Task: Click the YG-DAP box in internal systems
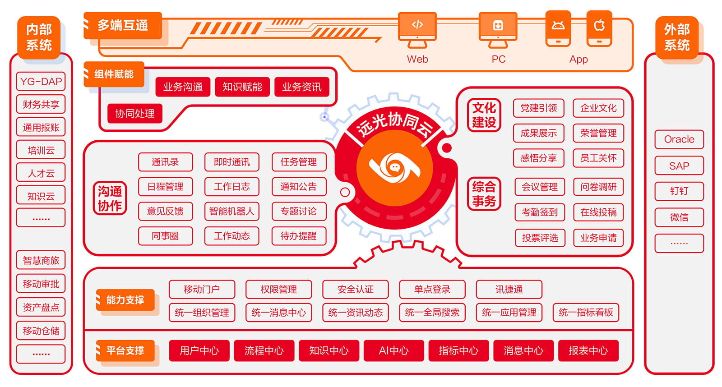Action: [41, 82]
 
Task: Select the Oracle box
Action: [679, 139]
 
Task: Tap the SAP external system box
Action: [679, 166]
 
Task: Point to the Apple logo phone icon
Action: [599, 28]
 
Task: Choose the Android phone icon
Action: [558, 28]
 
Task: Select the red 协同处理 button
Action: [134, 113]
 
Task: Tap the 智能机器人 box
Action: [231, 211]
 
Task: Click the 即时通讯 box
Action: [231, 162]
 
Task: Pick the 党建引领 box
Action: [538, 108]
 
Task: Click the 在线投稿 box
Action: [598, 212]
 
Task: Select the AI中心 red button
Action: [393, 350]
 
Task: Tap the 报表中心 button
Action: [588, 350]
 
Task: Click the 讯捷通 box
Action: [509, 290]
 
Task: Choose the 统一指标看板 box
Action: [586, 313]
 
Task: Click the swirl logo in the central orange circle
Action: [394, 168]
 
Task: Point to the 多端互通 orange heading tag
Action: [123, 25]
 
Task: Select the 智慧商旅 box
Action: [41, 260]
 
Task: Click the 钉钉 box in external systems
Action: [679, 191]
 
